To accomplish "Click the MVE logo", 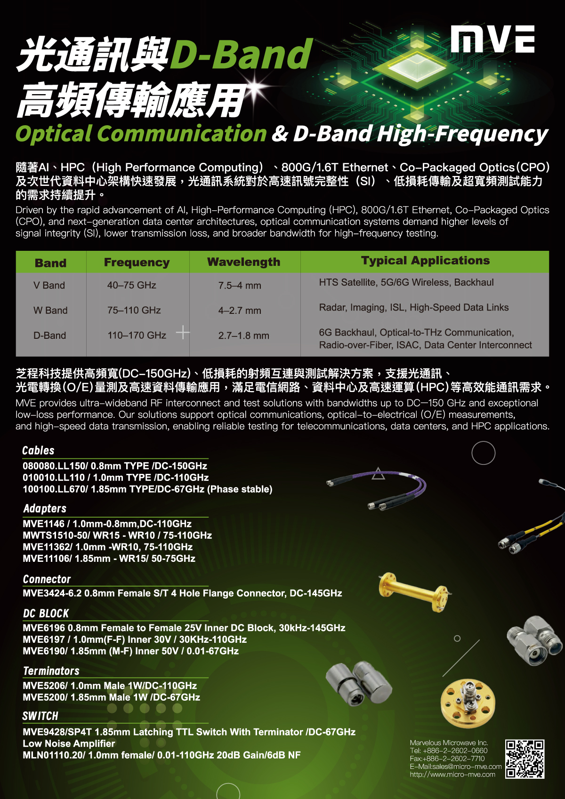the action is pos(492,39).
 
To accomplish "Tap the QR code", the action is pos(525,759).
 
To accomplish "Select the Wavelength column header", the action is pos(244,262).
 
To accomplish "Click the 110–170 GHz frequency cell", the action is pos(137,336).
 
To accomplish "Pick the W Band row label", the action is pos(50,310).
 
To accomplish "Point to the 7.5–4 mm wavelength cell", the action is pos(240,285).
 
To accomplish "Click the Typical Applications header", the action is pos(425,260).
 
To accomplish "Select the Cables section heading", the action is pos(38,450).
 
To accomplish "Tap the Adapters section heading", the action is pos(45,508).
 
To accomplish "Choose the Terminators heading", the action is pos(51,671).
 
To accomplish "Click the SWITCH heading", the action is pos(40,716).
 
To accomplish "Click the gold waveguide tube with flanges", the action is pos(414,592).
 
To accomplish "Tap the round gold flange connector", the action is pos(468,703).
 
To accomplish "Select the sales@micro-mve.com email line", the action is pos(456,767).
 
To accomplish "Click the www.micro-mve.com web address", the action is pos(452,775).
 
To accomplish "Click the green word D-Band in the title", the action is pos(242,54).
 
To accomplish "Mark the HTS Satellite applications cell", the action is pos(406,282).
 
